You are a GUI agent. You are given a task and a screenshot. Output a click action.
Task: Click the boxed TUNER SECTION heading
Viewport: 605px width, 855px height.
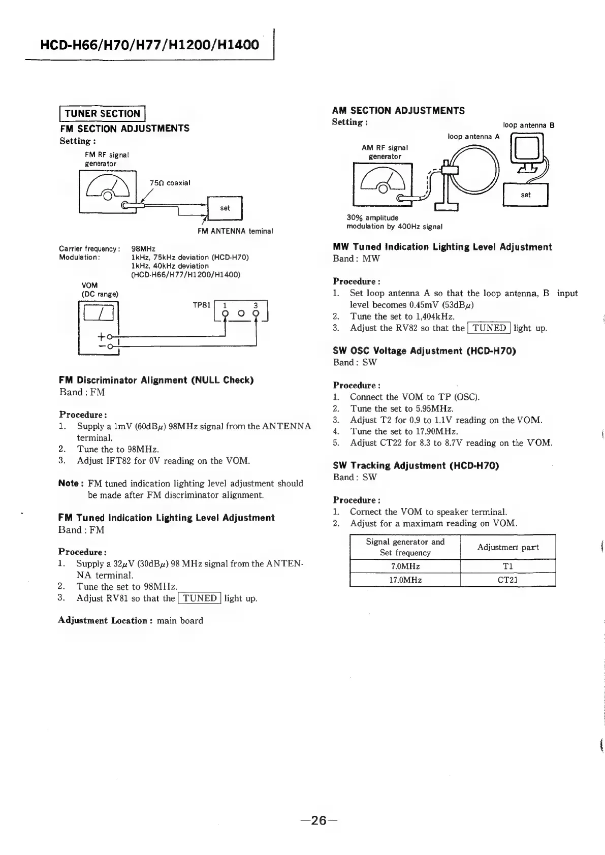103,113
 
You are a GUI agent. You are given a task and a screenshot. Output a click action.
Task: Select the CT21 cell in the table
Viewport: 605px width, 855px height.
507,580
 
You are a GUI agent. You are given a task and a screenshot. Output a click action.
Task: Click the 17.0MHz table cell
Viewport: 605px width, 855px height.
405,580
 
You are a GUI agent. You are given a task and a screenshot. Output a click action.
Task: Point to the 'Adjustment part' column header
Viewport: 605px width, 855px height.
507,547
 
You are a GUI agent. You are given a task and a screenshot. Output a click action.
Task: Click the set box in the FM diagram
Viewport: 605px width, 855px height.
225,208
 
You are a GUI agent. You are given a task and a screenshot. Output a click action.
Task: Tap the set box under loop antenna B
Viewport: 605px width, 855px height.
525,195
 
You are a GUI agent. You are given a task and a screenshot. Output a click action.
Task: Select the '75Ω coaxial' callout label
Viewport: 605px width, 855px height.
170,183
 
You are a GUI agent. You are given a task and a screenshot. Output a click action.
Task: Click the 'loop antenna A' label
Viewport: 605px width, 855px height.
473,137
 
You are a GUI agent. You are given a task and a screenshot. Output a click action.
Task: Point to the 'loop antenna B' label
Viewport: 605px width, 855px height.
528,125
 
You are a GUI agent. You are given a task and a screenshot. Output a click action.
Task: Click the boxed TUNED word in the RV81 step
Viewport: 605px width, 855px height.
200,598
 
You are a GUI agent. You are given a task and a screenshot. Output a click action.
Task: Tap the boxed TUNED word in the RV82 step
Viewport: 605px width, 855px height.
489,328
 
